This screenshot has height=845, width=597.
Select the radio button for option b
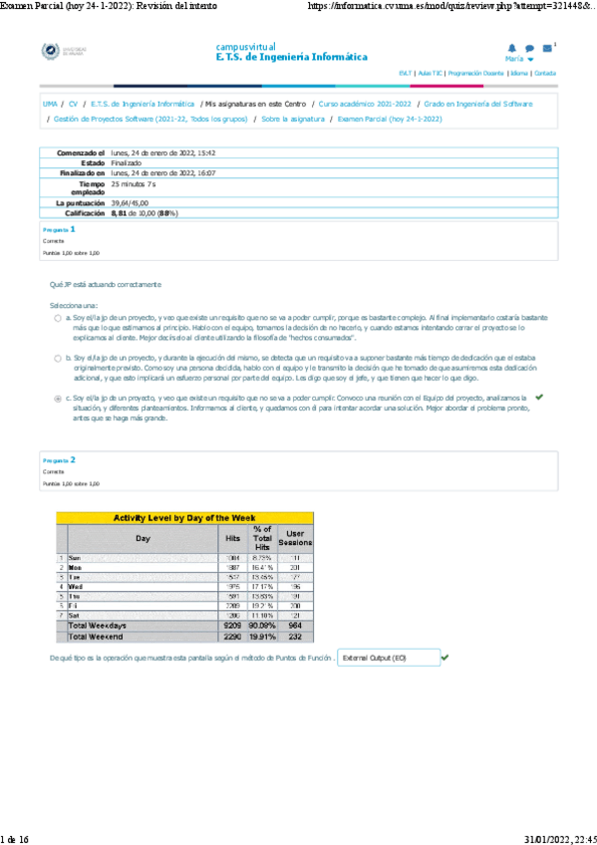tap(57, 355)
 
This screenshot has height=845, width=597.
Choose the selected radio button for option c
tap(57, 397)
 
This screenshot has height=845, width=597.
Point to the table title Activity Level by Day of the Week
tap(184, 518)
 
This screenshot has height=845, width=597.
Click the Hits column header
tap(232, 537)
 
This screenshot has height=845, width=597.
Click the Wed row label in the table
tap(76, 586)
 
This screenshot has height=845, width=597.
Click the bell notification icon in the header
tap(512, 48)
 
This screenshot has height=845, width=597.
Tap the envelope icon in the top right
tap(547, 48)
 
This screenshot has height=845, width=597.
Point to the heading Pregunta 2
tap(59, 460)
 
